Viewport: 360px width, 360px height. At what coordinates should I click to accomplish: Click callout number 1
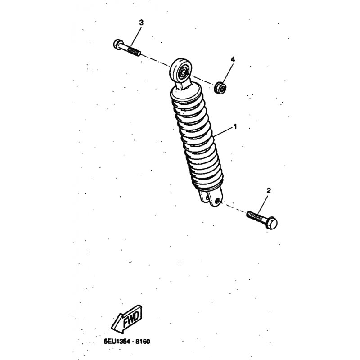pyautogui.click(x=235, y=126)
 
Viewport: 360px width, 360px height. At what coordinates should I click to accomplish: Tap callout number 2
pyautogui.click(x=268, y=190)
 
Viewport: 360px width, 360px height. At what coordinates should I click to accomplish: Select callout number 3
pyautogui.click(x=141, y=22)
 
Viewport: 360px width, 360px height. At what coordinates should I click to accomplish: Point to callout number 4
pyautogui.click(x=233, y=60)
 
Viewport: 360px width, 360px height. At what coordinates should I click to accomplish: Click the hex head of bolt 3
pyautogui.click(x=118, y=44)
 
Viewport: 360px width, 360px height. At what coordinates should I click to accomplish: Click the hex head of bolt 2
pyautogui.click(x=271, y=222)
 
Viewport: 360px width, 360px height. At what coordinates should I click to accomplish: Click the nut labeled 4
pyautogui.click(x=220, y=87)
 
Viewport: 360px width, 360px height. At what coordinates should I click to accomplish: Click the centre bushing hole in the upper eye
pyautogui.click(x=184, y=72)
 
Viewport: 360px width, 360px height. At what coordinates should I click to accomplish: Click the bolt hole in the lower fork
pyautogui.click(x=217, y=201)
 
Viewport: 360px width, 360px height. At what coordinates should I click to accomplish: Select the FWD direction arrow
pyautogui.click(x=127, y=319)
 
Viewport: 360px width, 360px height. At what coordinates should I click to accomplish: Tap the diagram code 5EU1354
pyautogui.click(x=117, y=342)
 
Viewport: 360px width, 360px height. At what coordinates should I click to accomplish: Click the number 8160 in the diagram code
pyautogui.click(x=143, y=342)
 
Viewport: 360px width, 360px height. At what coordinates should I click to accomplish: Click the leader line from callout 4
pyautogui.click(x=227, y=73)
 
